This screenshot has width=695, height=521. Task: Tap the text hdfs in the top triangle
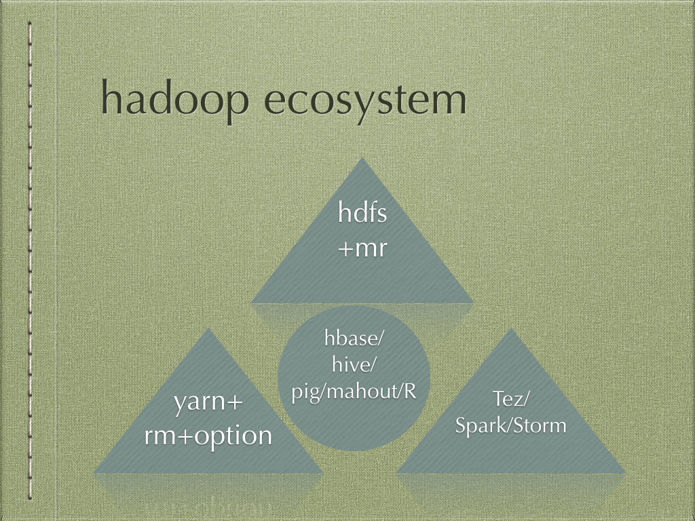(362, 213)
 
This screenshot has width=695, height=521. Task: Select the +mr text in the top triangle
(362, 248)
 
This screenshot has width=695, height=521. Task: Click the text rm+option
(208, 436)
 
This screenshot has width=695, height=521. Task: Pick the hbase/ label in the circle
(353, 339)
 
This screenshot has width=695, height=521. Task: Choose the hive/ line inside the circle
(354, 366)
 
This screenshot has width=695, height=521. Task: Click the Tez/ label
(510, 399)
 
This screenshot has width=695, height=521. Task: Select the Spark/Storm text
(510, 426)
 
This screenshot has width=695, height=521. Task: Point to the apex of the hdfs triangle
(362, 157)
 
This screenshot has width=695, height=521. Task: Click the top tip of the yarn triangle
(208, 328)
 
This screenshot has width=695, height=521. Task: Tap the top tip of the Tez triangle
(511, 328)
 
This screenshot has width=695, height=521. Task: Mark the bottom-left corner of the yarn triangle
(93, 473)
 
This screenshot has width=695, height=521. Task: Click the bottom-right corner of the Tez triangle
(626, 473)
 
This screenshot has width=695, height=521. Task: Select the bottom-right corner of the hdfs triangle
(474, 303)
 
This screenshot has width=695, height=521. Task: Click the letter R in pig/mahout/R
(410, 391)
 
